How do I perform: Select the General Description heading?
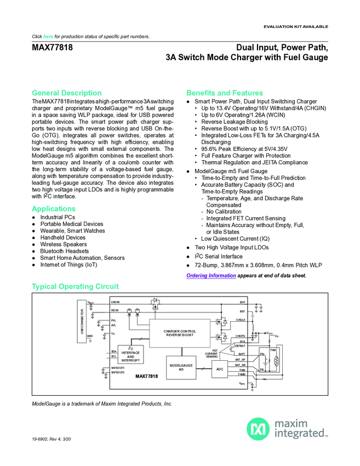pyautogui.click(x=66, y=93)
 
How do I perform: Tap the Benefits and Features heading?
pyautogui.click(x=224, y=93)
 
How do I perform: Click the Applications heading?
pyautogui.click(x=54, y=209)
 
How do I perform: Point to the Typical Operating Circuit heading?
pyautogui.click(x=75, y=287)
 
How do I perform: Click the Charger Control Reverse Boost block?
pyautogui.click(x=180, y=333)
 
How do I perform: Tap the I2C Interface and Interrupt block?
pyautogui.click(x=130, y=355)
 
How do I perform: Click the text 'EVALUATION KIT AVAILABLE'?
pyautogui.click(x=296, y=26)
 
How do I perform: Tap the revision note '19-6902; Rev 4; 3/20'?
pyautogui.click(x=53, y=441)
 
